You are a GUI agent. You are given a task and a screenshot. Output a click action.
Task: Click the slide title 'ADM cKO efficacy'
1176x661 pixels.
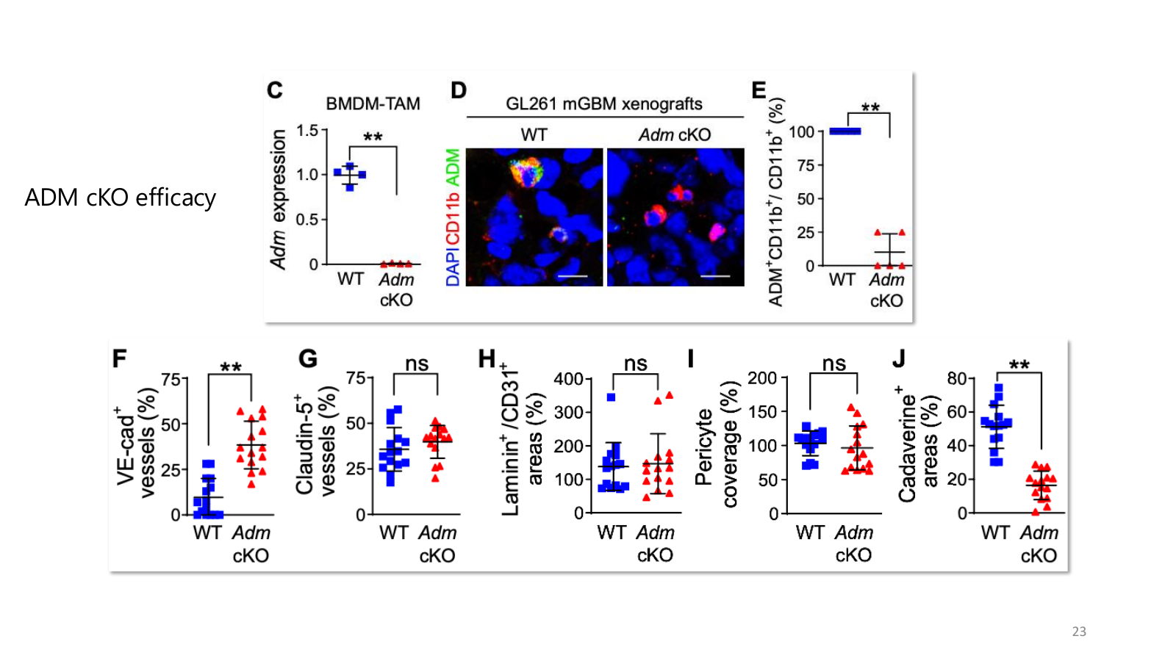click(x=121, y=198)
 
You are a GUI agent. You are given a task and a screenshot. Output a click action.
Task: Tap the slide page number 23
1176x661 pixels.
click(x=1079, y=631)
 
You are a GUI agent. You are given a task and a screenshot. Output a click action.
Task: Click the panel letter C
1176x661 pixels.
click(x=275, y=90)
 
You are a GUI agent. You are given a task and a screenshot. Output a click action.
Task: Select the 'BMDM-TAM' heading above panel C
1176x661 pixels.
click(x=373, y=104)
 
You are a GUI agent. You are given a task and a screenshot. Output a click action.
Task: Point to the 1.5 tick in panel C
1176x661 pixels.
click(x=308, y=130)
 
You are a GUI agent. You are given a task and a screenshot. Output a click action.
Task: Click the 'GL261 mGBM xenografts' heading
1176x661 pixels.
click(x=603, y=104)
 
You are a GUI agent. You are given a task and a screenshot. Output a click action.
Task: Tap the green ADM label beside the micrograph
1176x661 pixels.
click(x=453, y=167)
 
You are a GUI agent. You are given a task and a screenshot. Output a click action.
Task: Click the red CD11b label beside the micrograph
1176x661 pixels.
click(x=453, y=218)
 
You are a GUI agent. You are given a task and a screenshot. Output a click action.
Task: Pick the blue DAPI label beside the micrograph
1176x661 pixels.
click(x=453, y=267)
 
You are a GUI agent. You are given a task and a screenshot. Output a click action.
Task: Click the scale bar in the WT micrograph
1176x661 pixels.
click(x=573, y=275)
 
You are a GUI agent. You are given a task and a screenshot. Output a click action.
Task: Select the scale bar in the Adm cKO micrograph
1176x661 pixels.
click(x=715, y=275)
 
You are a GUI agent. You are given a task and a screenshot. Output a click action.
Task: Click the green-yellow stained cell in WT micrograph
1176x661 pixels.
click(x=526, y=172)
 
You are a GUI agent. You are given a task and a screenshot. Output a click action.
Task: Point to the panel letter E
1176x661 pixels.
click(x=759, y=90)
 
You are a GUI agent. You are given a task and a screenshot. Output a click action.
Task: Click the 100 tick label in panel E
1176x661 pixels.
click(x=801, y=131)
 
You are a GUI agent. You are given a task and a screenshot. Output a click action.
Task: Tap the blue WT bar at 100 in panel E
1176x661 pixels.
click(x=845, y=131)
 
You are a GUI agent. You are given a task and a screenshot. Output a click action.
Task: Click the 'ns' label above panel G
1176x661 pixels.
click(x=417, y=363)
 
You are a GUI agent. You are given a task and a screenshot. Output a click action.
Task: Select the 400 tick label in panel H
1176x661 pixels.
click(x=569, y=378)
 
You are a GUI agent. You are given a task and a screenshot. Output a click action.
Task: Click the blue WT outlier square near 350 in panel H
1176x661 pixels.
click(x=611, y=397)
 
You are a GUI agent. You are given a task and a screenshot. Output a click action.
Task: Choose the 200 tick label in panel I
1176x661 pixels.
click(x=761, y=378)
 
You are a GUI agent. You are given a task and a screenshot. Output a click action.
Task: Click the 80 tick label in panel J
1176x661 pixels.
click(x=958, y=378)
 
